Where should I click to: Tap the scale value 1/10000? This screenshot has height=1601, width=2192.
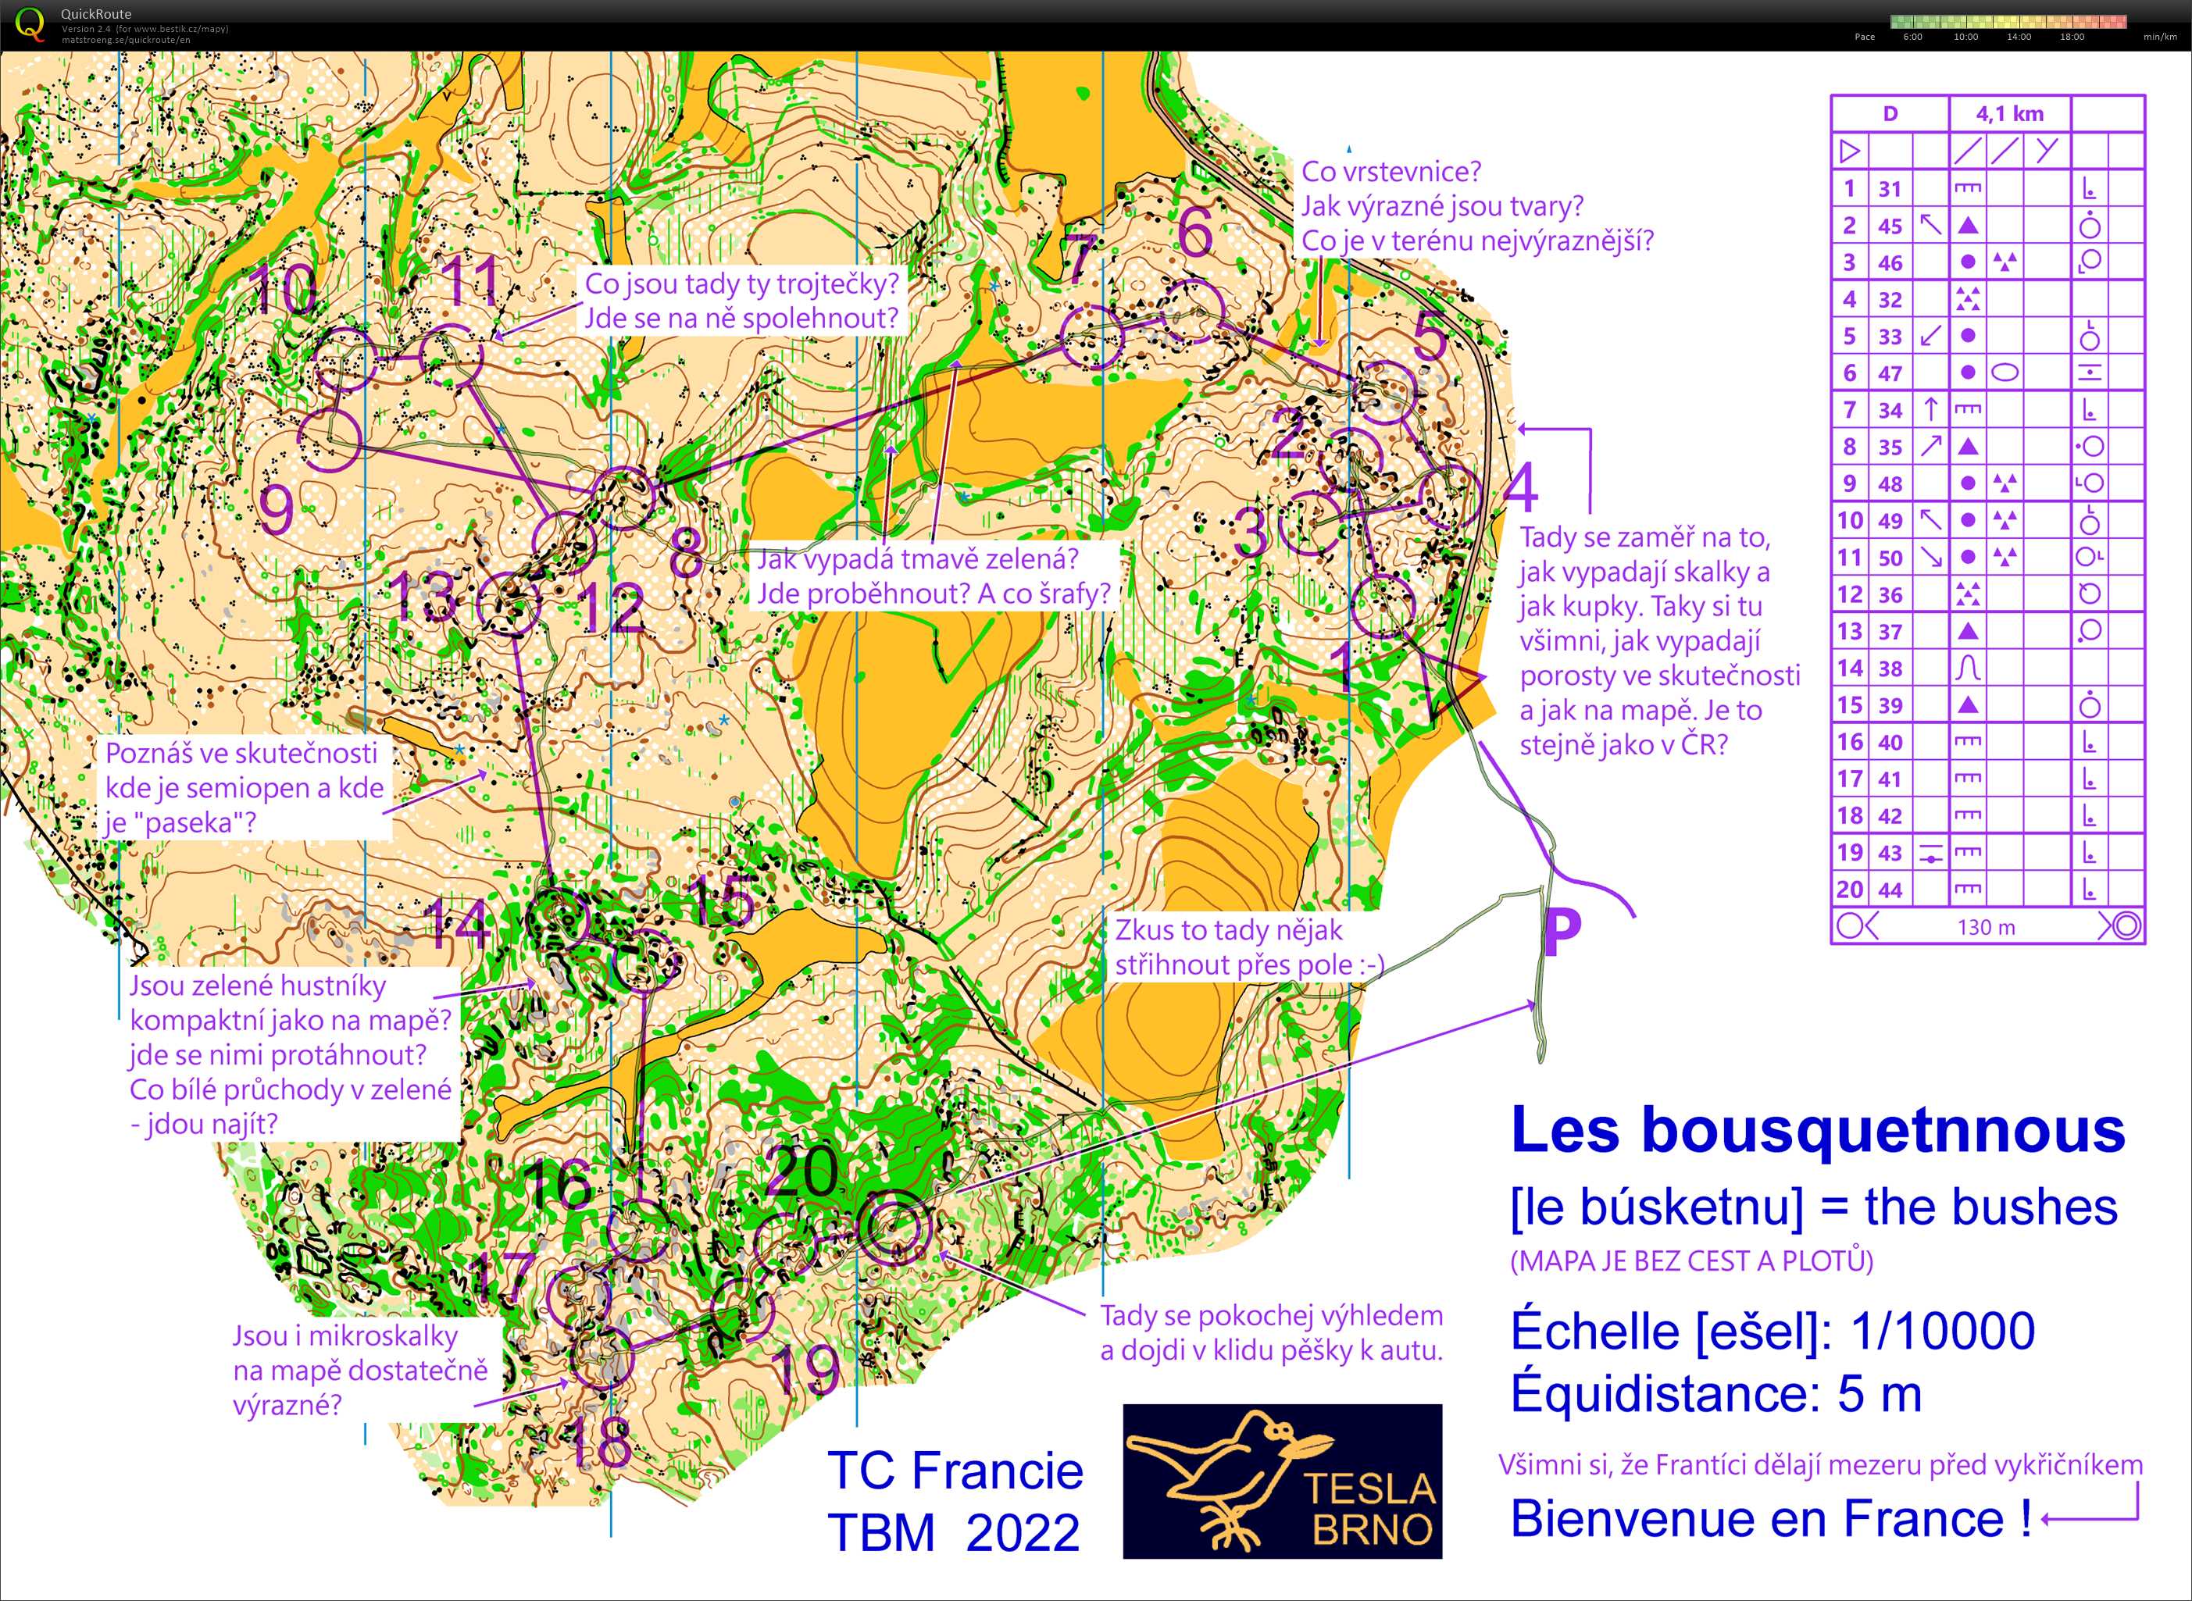point(1942,1331)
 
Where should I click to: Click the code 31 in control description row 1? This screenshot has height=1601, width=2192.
point(1890,189)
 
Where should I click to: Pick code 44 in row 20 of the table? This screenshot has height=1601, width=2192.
point(1890,890)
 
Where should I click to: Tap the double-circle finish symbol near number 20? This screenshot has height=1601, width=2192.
point(893,1227)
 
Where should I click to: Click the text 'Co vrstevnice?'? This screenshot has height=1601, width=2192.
point(1391,172)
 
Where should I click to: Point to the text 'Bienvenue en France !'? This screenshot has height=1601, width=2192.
point(1770,1519)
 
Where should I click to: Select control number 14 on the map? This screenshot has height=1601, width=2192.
point(458,924)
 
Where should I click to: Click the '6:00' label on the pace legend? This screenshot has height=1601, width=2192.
point(1913,37)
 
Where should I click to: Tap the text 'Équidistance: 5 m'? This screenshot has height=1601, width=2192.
point(1716,1393)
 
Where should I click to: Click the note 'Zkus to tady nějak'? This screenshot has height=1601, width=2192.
point(1227,930)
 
